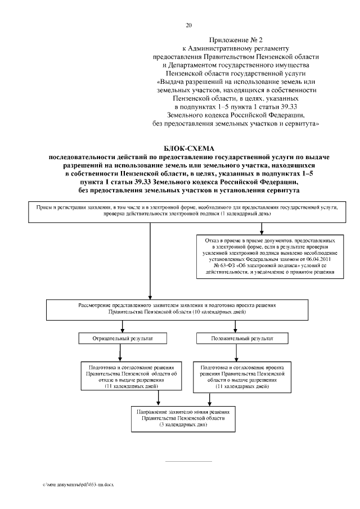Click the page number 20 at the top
coord(188,25)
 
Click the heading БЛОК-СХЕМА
coord(188,148)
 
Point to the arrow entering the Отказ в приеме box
coord(262,228)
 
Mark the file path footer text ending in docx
coord(78,484)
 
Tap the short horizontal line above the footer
coord(188,461)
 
